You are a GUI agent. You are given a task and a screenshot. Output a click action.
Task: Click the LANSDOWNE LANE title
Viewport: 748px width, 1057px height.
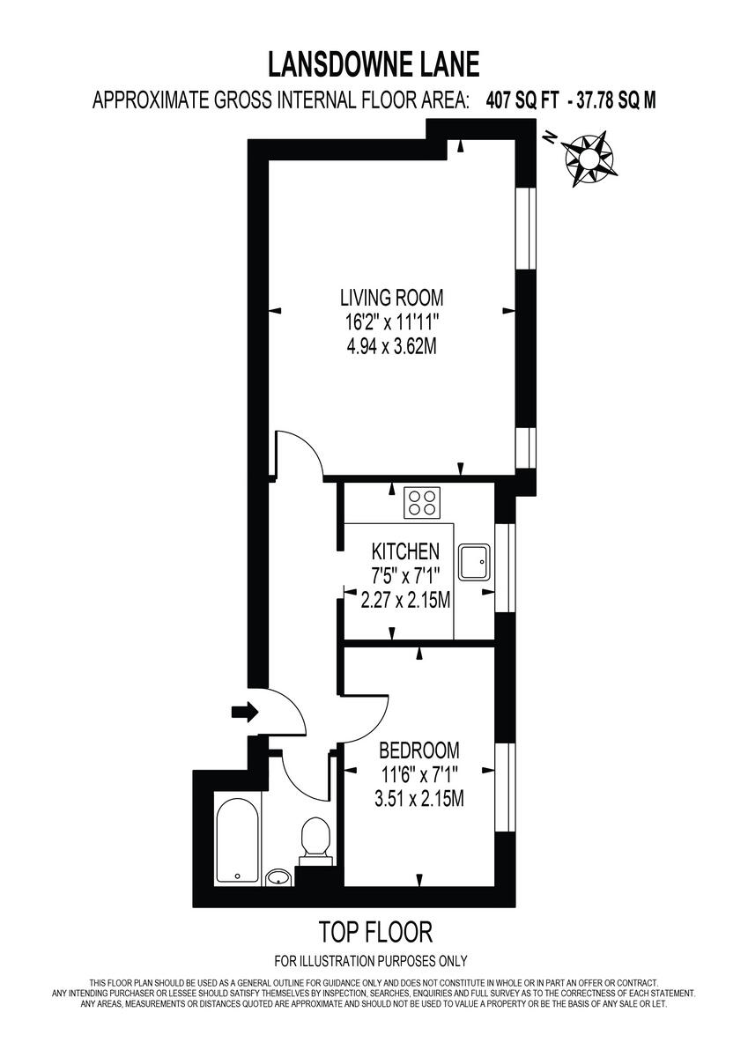click(374, 64)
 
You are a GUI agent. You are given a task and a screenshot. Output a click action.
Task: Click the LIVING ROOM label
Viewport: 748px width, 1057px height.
click(392, 296)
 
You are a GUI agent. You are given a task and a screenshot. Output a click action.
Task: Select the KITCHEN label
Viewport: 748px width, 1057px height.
click(405, 552)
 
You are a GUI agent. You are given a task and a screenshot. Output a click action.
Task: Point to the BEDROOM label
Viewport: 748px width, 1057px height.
click(418, 751)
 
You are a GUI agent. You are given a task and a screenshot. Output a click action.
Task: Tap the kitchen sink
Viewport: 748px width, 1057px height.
click(476, 560)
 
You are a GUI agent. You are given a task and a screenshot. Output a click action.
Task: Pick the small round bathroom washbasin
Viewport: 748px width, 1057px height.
click(278, 876)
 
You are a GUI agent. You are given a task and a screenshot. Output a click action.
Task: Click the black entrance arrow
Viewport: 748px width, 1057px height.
click(241, 711)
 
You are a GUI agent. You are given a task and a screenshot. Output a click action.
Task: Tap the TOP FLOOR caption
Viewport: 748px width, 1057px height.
click(374, 930)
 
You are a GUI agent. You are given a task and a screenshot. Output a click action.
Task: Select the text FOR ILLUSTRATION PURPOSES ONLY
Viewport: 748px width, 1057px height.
click(371, 961)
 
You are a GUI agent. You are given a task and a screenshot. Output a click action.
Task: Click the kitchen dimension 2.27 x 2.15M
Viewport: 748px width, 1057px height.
click(406, 602)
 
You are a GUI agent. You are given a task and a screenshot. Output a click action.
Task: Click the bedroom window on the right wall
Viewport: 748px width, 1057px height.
click(504, 787)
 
